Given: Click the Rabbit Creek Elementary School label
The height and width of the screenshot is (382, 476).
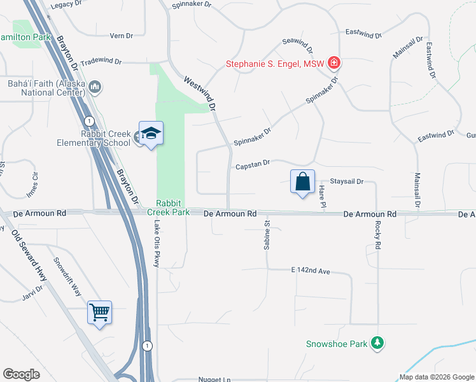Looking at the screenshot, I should click(97, 138).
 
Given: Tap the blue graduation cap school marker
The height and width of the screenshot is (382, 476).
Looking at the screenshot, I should click(151, 133).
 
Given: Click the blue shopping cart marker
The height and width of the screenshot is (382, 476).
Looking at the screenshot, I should click(100, 312).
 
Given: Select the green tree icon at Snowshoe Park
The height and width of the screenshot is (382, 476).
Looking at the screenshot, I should click(378, 344).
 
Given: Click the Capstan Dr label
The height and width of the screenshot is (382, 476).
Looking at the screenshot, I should click(253, 165).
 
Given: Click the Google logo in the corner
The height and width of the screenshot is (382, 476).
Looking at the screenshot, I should click(21, 374).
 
